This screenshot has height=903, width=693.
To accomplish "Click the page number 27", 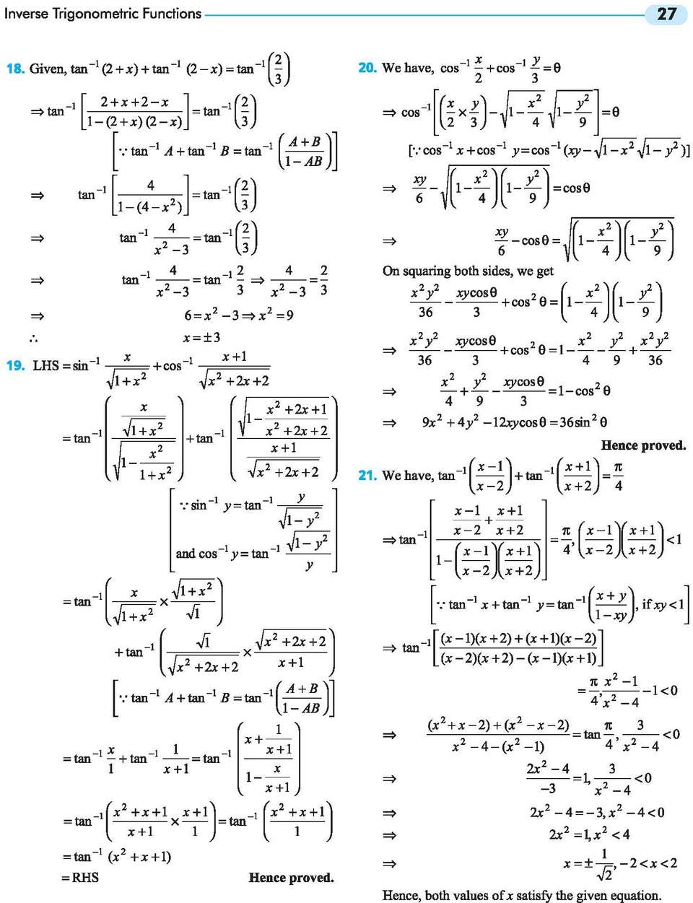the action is tap(666, 14).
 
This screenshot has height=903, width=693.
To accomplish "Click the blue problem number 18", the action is tap(15, 68).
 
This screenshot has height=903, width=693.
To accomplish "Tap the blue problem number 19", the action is tap(15, 365).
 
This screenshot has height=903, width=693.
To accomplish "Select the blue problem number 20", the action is tap(367, 67).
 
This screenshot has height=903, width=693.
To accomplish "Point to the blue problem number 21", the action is tap(367, 475).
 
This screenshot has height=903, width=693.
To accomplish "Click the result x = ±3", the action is tap(201, 337).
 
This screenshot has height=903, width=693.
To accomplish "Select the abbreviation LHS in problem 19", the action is tap(46, 366).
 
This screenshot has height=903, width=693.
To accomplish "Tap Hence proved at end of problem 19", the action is tap(291, 877).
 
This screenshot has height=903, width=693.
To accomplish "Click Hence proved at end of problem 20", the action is tap(643, 445).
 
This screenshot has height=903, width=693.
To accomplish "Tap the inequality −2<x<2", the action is tap(648, 863).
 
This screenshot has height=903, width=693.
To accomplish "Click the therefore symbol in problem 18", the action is tap(34, 339).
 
